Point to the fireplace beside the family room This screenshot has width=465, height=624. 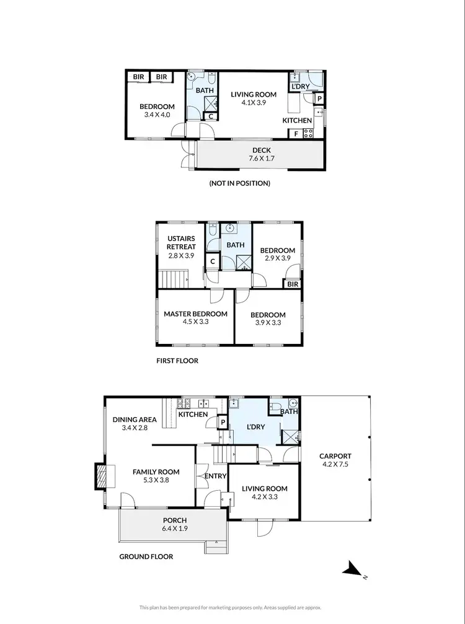99,477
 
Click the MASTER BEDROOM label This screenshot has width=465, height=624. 195,319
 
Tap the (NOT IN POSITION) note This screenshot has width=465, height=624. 240,183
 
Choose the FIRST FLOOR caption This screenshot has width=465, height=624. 177,361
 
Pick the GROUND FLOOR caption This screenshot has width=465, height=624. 146,556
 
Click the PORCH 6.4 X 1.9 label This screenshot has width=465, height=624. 175,524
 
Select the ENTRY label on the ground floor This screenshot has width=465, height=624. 214,477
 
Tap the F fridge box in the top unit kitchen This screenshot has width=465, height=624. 296,133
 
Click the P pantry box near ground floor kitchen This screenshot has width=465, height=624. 222,423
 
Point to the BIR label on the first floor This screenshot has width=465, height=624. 292,284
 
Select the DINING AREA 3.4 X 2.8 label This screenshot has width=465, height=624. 135,424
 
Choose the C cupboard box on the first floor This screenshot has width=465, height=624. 213,261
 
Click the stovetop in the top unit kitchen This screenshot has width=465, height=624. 308,133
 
